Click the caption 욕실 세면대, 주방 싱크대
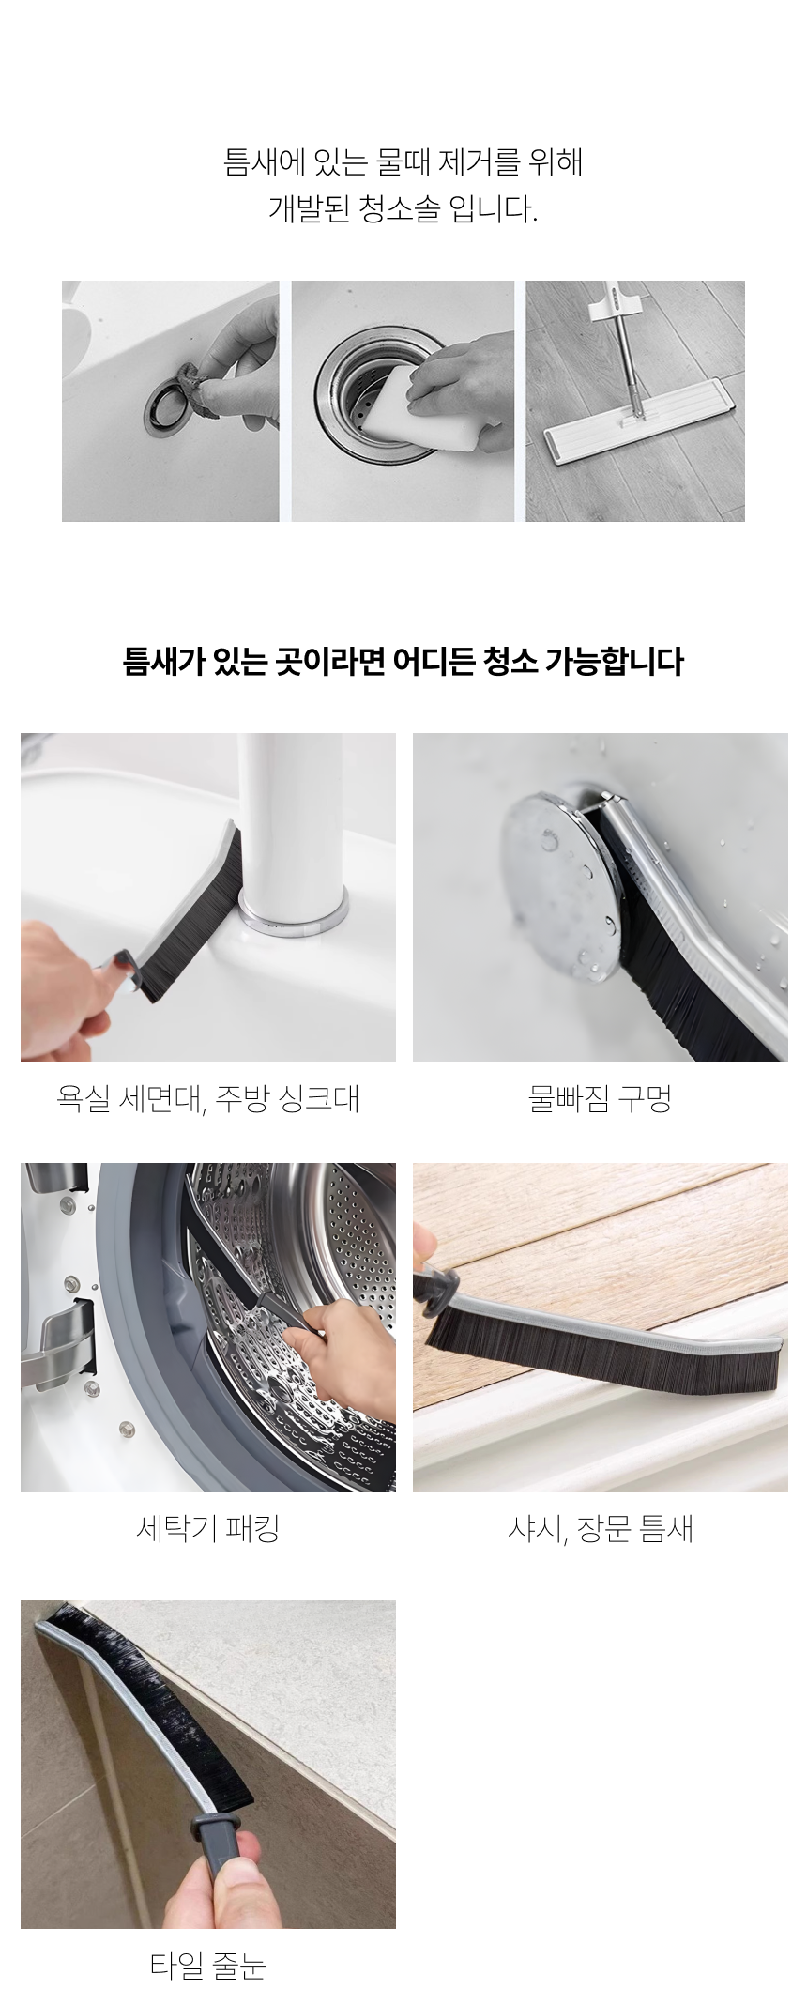(207, 1097)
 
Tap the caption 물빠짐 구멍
(600, 1097)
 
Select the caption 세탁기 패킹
(207, 1529)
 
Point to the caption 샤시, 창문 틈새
(600, 1529)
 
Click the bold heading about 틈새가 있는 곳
(403, 662)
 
